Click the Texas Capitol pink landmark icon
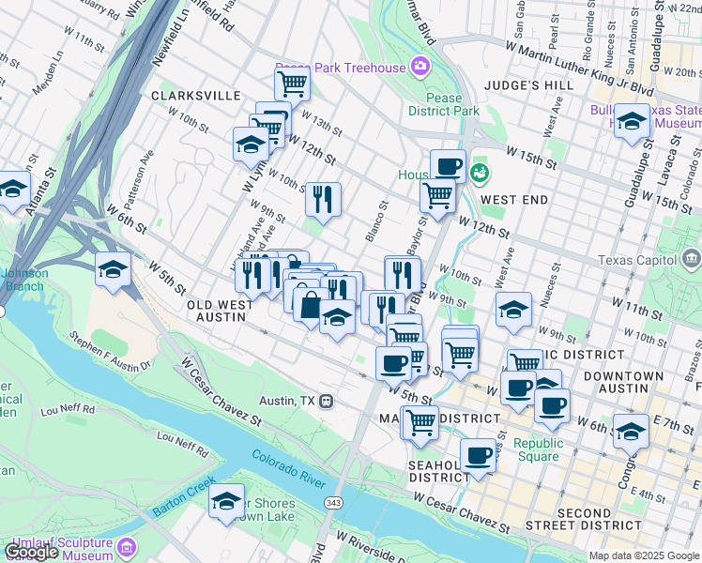point(692,257)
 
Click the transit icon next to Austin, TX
point(326,401)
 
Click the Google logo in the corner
point(31,552)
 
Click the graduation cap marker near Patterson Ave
point(113,268)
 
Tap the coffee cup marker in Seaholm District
point(479,455)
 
